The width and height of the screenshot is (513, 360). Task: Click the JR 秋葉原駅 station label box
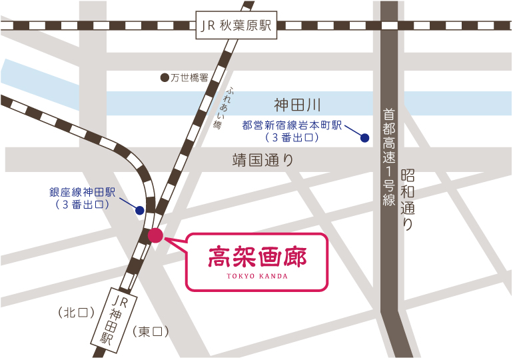point(237,26)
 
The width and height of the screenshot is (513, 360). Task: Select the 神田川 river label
point(297,105)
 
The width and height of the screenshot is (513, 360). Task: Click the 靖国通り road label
point(262,161)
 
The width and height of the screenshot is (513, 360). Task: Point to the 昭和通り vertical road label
point(408,199)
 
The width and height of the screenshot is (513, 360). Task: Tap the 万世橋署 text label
point(190,78)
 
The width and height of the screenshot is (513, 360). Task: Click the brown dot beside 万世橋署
point(165,78)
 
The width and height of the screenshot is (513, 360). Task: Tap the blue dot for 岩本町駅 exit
point(364,138)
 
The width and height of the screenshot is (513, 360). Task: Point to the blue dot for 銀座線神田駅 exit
point(140,210)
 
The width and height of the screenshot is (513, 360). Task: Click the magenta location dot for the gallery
point(155,235)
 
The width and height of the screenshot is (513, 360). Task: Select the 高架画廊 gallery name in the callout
point(257,255)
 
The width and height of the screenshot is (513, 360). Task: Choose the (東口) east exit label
point(151,331)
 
